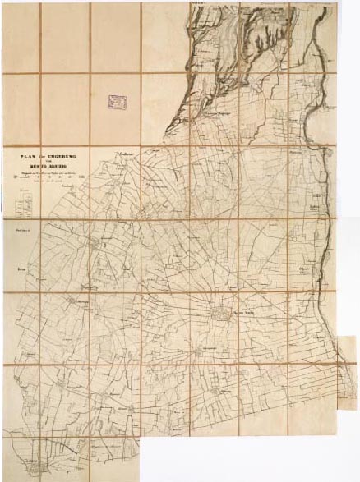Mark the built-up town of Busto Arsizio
tap(220, 314)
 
